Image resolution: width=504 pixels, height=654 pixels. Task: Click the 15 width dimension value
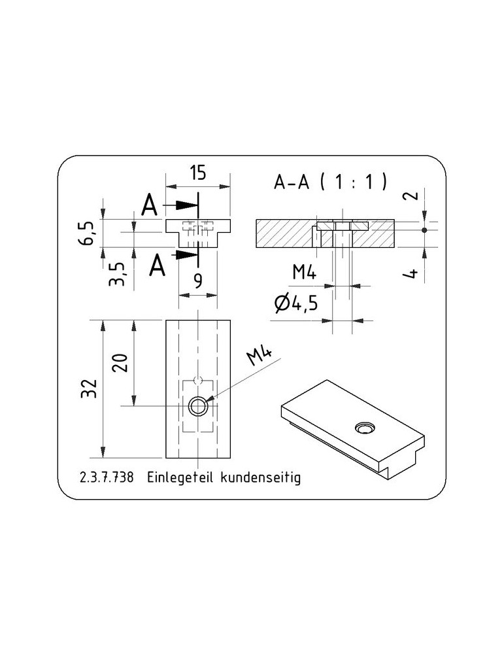[x=198, y=172]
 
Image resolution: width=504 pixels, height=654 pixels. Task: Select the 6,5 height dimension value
[x=87, y=233]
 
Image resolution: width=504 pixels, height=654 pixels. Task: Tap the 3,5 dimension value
[x=117, y=273]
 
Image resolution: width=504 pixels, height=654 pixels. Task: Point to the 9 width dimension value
[x=199, y=281]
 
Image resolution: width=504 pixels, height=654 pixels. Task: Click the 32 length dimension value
[x=89, y=388]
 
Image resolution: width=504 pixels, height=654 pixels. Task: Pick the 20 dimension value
[x=120, y=362]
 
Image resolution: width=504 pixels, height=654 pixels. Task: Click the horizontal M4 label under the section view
[x=305, y=272]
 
